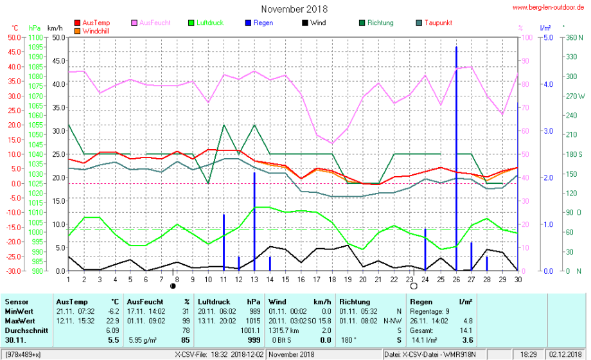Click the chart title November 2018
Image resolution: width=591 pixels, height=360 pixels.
tap(294, 9)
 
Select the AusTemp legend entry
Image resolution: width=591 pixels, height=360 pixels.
tap(96, 22)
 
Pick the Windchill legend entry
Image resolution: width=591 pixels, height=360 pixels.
tap(96, 30)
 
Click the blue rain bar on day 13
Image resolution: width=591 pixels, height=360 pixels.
tap(254, 219)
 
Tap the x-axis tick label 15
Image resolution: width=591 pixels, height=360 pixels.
tap(286, 279)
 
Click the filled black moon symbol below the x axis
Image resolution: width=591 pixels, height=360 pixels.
tap(173, 286)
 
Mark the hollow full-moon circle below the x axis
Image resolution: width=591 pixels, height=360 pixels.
tap(414, 286)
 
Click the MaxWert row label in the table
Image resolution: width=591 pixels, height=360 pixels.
tap(18, 319)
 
